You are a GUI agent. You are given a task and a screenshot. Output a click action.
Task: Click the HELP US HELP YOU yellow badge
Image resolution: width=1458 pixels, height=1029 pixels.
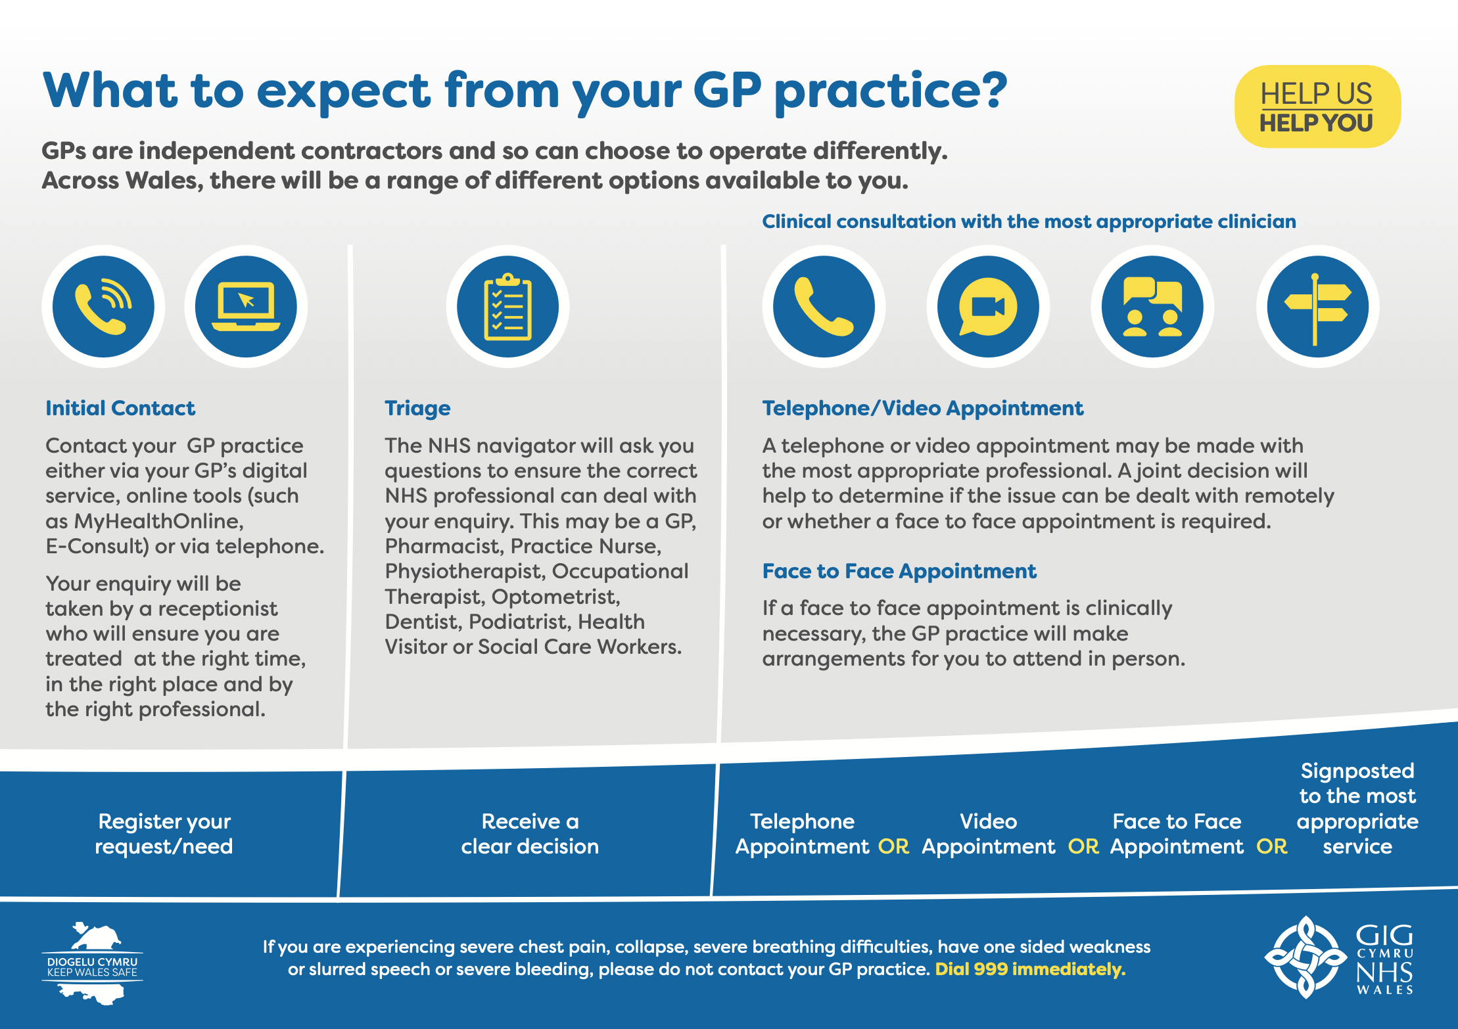click(x=1317, y=106)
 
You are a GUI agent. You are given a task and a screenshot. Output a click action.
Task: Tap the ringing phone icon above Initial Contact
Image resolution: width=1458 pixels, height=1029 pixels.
click(x=103, y=307)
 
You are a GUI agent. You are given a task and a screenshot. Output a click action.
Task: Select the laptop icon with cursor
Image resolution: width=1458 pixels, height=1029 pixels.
click(x=246, y=307)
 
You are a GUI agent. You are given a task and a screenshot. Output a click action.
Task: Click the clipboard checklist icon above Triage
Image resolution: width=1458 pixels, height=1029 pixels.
click(x=507, y=307)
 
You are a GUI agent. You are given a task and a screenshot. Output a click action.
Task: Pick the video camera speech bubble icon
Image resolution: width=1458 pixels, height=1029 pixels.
click(x=988, y=307)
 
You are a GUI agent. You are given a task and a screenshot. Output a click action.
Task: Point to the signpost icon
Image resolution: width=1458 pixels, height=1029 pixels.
click(x=1317, y=307)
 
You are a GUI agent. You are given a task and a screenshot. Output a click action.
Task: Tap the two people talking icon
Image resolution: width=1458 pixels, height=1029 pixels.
click(x=1152, y=307)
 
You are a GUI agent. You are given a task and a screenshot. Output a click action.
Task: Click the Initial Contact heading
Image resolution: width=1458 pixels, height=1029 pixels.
click(x=120, y=408)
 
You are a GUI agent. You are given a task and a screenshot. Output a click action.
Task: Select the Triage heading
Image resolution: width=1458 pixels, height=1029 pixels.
click(x=417, y=409)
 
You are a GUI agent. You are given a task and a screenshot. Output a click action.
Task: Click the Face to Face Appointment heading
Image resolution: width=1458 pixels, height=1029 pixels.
click(x=899, y=572)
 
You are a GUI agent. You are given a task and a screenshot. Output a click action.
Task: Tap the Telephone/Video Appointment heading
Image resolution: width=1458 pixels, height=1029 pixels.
click(x=922, y=409)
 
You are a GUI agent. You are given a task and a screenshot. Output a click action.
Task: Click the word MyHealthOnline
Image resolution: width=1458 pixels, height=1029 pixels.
click(x=158, y=521)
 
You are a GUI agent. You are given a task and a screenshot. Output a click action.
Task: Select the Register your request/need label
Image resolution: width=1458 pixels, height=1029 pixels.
click(x=164, y=834)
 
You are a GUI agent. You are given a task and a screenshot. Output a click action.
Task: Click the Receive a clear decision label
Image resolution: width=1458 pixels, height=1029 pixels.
click(x=530, y=834)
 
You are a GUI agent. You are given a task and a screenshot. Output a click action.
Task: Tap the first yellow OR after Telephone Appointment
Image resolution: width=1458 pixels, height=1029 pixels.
click(x=894, y=846)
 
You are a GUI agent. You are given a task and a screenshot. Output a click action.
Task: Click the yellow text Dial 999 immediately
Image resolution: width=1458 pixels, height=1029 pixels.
click(x=1030, y=969)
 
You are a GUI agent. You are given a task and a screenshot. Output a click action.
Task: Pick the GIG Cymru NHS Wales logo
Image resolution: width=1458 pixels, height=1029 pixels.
click(x=1339, y=957)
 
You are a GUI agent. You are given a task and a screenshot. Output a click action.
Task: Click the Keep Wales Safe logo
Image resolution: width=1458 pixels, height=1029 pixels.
click(x=92, y=963)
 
